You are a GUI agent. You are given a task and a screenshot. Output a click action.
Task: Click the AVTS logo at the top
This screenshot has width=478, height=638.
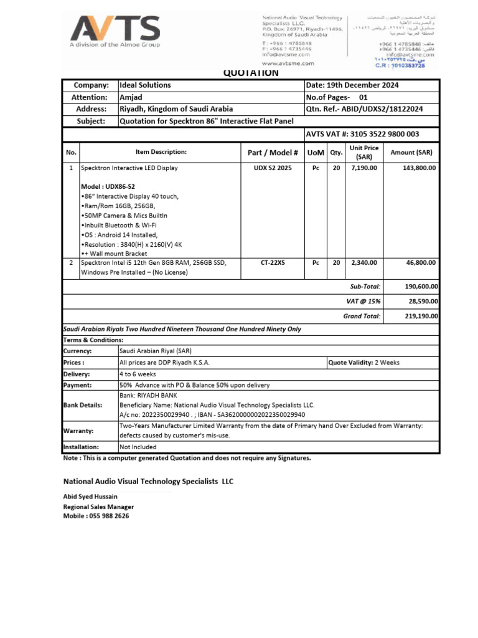115,29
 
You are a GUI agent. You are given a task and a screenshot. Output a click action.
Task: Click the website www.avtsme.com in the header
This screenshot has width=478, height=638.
288,63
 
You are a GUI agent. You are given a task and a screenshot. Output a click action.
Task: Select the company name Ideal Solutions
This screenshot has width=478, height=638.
145,85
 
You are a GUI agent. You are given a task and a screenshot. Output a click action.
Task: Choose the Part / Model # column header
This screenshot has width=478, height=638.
273,153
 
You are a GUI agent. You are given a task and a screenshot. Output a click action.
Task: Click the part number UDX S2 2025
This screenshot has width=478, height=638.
273,168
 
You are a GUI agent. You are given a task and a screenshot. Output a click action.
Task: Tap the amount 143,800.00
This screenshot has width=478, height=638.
419,168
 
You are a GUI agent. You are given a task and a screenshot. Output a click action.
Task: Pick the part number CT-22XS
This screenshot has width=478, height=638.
273,264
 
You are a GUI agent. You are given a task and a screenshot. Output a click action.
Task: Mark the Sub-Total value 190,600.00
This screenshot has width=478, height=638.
421,287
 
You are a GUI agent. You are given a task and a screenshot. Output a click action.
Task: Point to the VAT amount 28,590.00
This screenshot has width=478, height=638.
423,302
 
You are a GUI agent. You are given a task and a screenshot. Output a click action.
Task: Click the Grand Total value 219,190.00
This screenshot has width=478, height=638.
421,317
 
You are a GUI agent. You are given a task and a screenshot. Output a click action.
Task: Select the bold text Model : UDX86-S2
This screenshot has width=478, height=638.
108,187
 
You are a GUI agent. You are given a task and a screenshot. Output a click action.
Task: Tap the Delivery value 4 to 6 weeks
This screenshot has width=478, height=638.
138,374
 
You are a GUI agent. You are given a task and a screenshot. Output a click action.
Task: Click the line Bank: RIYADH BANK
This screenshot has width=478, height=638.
148,396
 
